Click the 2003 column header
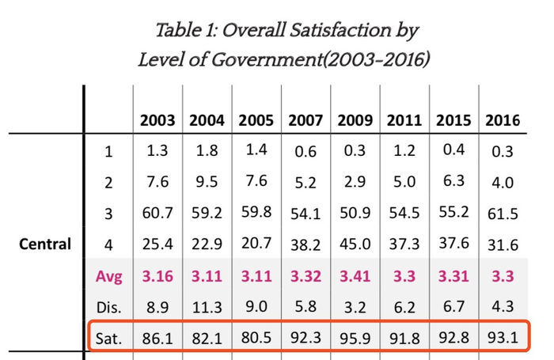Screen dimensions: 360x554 [157, 121]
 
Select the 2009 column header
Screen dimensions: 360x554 [355, 121]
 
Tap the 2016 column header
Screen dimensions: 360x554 [503, 121]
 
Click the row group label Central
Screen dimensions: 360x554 [45, 244]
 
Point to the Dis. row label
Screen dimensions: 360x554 [108, 307]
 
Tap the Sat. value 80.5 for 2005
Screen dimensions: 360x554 [256, 338]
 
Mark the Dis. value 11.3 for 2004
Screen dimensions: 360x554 [207, 307]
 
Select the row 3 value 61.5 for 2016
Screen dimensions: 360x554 [503, 214]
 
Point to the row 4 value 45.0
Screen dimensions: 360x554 [355, 245]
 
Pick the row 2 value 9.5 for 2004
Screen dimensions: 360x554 [207, 183]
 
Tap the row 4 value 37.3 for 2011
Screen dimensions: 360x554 [404, 244]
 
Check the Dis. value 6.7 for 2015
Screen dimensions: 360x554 [453, 306]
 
